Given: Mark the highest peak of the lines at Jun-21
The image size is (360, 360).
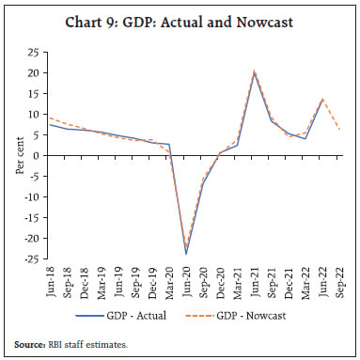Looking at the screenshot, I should [x=254, y=71].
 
